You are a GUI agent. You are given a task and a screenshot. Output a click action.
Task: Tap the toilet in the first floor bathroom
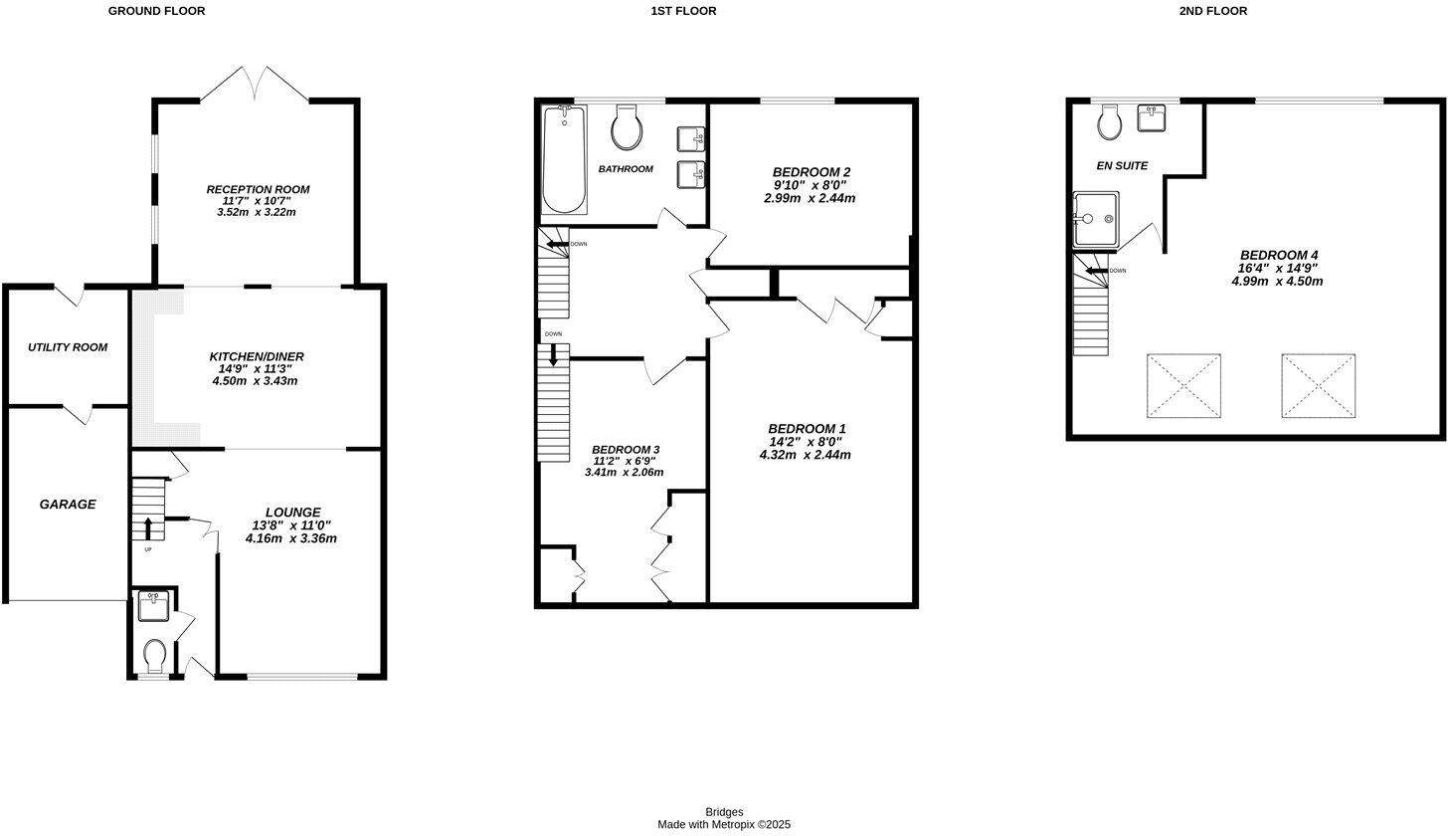pos(627,126)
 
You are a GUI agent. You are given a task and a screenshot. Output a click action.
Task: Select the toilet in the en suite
pos(1110,123)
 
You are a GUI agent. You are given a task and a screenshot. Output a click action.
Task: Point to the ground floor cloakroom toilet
pos(154,656)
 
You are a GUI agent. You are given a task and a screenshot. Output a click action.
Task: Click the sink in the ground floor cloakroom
pos(153,607)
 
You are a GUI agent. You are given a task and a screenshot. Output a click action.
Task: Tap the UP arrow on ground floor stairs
pos(148,527)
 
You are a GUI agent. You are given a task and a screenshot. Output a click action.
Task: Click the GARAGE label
pos(68,505)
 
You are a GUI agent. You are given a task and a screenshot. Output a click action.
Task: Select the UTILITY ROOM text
pos(68,347)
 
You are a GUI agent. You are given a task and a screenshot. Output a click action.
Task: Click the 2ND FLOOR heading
pos(1212,11)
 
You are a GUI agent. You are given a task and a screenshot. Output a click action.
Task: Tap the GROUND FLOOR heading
pos(157,11)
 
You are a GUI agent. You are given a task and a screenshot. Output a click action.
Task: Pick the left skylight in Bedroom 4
pos(1183,385)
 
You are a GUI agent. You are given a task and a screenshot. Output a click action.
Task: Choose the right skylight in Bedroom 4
pos(1318,385)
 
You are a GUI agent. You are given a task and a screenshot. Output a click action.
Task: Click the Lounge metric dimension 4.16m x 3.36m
pos(291,538)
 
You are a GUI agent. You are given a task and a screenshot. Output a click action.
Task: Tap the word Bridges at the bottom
pos(724,812)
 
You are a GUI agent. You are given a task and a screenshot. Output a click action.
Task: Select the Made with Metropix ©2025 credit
pos(724,824)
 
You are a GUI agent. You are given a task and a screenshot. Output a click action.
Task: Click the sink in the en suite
pos(1153,118)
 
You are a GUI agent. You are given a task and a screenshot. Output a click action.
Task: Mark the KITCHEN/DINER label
pos(257,356)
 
